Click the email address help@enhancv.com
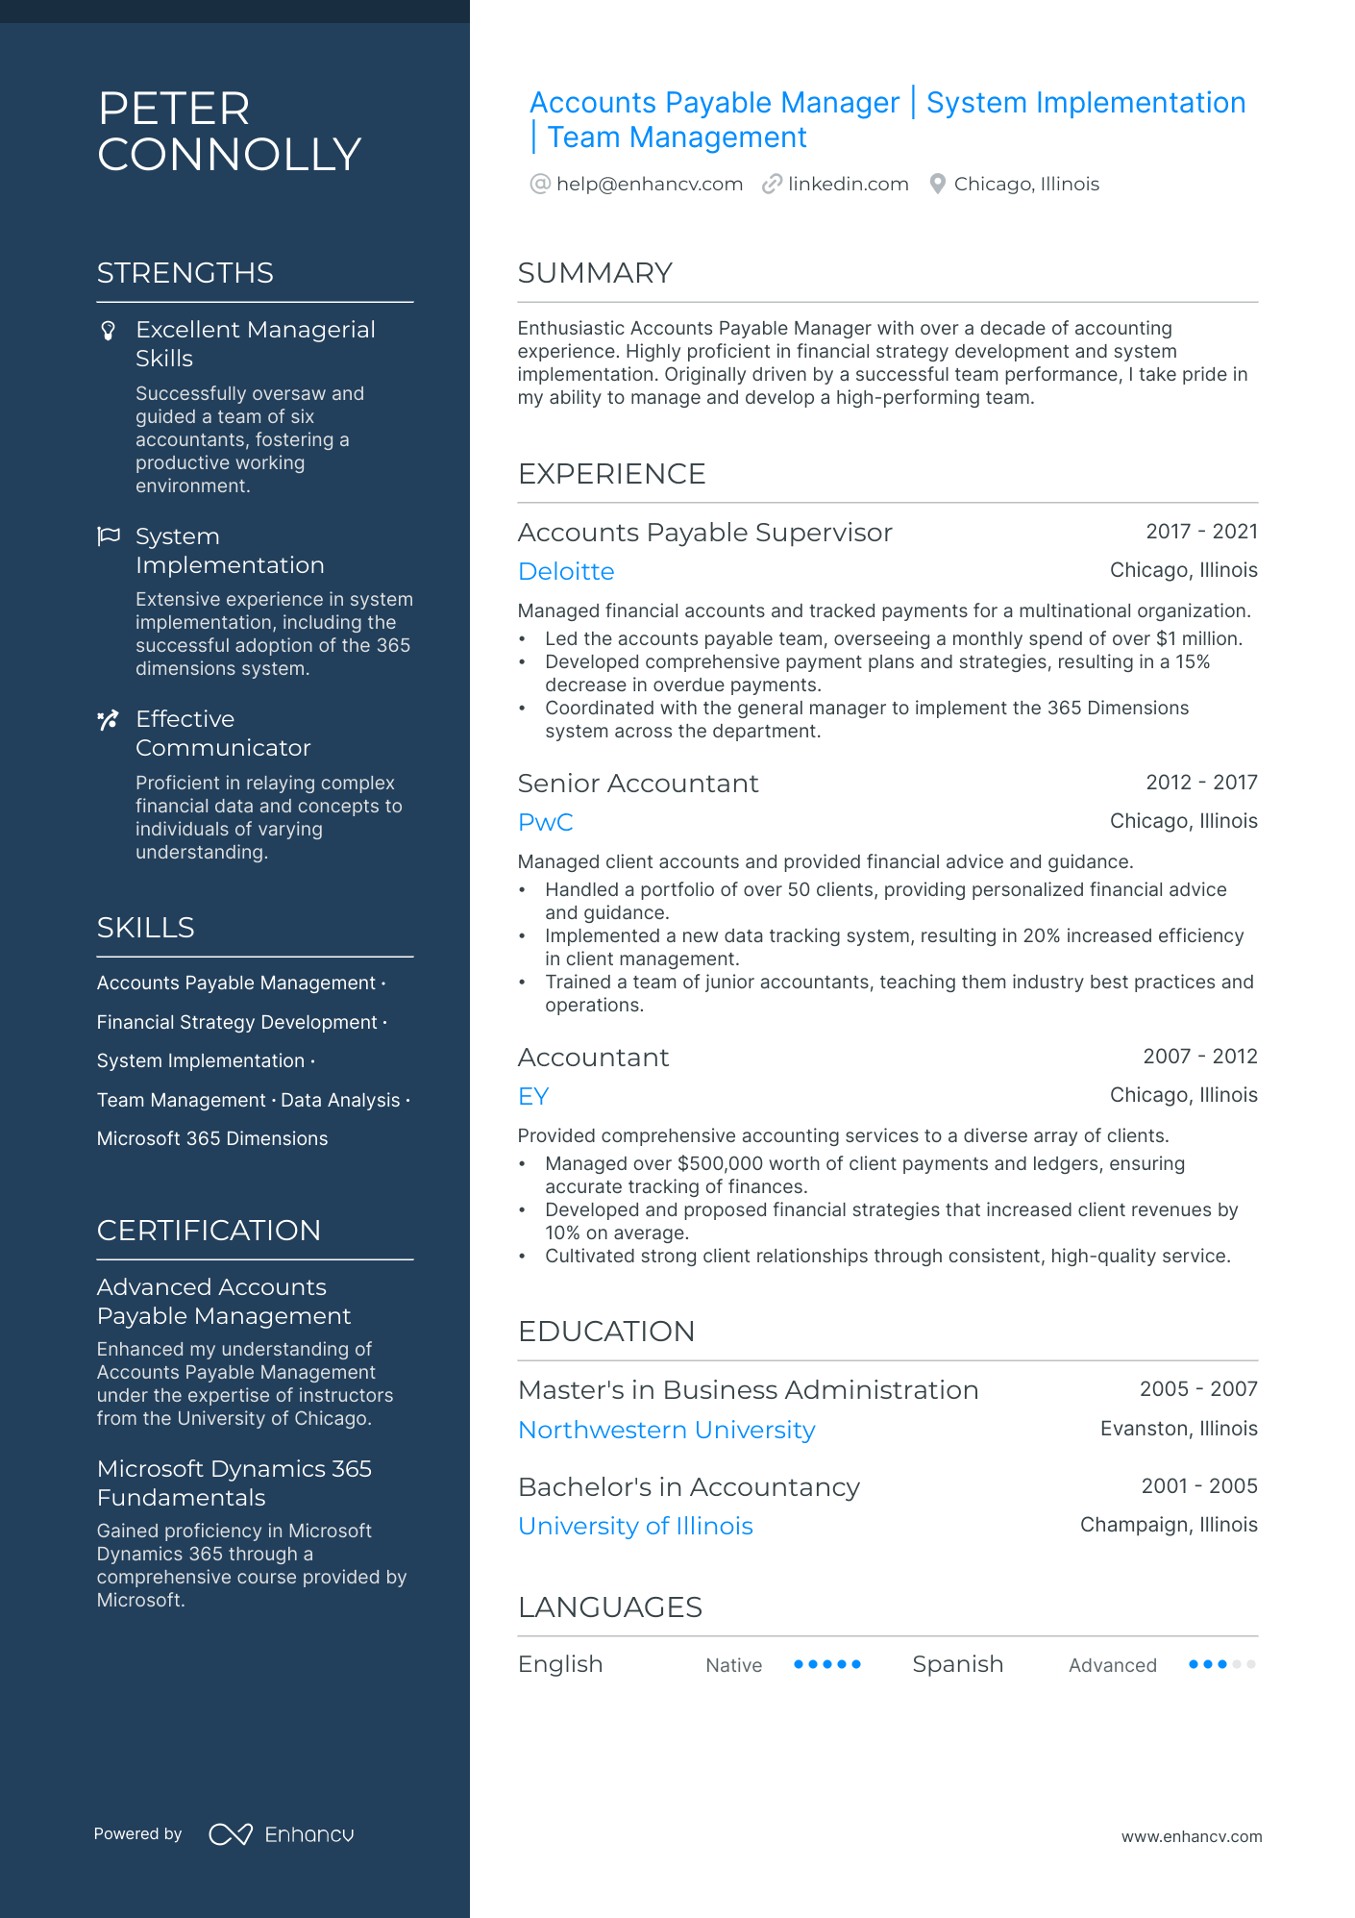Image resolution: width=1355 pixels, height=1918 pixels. tap(649, 184)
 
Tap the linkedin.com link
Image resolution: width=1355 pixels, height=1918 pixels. tap(848, 184)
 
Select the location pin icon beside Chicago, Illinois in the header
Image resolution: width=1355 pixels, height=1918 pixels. tap(938, 184)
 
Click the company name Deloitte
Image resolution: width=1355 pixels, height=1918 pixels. tap(566, 571)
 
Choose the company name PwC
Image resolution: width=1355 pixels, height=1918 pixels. tap(545, 822)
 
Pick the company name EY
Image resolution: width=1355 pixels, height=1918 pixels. tap(533, 1096)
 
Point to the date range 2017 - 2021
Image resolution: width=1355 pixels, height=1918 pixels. tap(1201, 532)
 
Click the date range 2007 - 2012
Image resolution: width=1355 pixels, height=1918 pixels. tap(1199, 1057)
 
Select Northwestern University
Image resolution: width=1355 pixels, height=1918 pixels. tap(666, 1430)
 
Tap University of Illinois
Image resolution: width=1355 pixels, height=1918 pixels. tap(635, 1526)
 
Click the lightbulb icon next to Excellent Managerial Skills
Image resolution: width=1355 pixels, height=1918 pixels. tap(109, 331)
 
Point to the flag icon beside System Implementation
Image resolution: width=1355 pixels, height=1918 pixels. tap(109, 536)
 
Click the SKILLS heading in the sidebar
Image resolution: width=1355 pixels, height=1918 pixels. tap(146, 927)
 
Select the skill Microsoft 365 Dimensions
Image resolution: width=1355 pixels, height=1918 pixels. tap(212, 1138)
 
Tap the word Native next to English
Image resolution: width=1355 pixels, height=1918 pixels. tap(733, 1665)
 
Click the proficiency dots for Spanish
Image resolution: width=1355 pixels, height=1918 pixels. tap(1221, 1664)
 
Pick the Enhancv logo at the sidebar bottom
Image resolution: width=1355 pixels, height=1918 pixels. tap(282, 1834)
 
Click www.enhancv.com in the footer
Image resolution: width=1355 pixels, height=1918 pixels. tap(1191, 1836)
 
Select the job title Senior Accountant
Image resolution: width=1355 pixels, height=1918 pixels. tap(638, 784)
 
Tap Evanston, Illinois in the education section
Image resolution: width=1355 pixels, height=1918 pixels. tap(1178, 1429)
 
